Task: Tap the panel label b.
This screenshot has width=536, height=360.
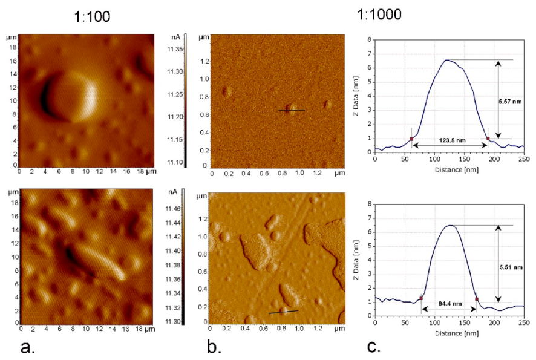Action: (x=214, y=349)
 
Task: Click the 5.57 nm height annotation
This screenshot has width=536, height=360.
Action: (x=512, y=101)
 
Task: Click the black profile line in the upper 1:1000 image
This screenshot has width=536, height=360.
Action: (x=292, y=110)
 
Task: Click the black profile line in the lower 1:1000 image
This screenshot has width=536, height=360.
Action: (x=283, y=312)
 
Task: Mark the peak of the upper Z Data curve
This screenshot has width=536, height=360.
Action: (x=446, y=60)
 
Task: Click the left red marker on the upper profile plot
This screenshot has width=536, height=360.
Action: (x=411, y=139)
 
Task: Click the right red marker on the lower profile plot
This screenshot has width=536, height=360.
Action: (x=477, y=299)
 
